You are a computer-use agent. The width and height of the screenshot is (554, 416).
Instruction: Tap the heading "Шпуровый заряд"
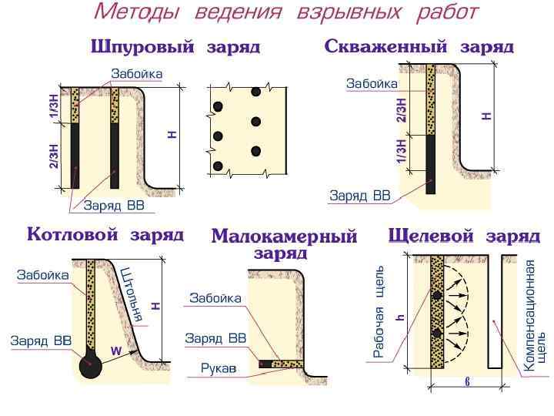pos(175,47)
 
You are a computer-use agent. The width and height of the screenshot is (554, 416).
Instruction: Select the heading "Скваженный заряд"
pos(419,46)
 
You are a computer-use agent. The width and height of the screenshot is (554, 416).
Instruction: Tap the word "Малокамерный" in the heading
pos(284,237)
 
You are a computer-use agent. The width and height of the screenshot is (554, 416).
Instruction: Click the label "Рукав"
pos(218,368)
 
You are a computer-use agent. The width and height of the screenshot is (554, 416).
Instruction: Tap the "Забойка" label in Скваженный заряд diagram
pos(372,83)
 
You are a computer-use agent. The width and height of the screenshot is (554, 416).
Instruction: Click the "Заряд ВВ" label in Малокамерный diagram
pos(215,338)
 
